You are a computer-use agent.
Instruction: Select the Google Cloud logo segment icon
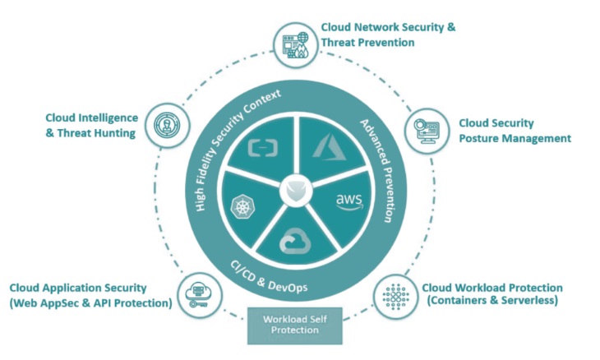tap(292, 242)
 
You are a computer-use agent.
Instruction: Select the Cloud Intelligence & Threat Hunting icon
tap(161, 125)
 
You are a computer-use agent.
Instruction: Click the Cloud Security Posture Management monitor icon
tap(424, 129)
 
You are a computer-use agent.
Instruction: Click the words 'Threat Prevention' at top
tap(367, 42)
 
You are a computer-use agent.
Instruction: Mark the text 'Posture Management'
tap(515, 138)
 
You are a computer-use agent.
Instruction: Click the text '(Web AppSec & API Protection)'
tap(90, 303)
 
